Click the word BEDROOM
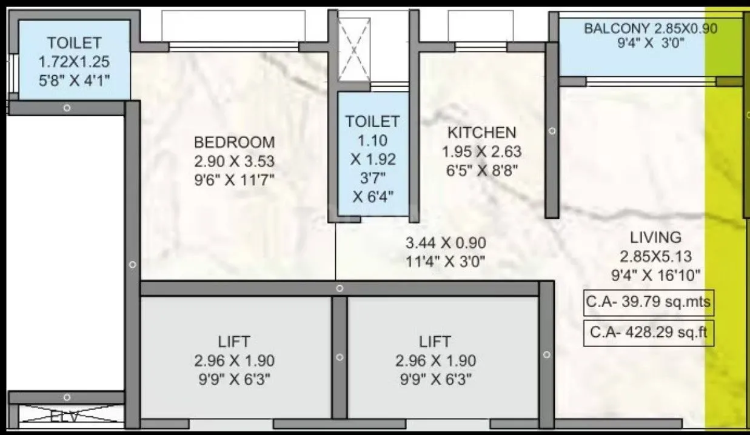(x=234, y=142)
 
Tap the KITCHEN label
(x=481, y=132)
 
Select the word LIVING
(x=655, y=237)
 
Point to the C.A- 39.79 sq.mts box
(x=648, y=302)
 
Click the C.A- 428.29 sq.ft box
(x=648, y=333)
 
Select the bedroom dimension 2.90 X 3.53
(x=234, y=161)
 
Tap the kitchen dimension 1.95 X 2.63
(x=481, y=151)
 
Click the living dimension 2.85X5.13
(x=655, y=256)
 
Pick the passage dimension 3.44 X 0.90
(x=446, y=244)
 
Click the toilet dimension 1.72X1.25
(x=74, y=61)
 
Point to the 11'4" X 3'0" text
(x=446, y=262)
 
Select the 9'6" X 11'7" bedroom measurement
(x=234, y=181)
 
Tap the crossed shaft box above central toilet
(x=353, y=49)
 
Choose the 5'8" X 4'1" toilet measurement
(x=74, y=80)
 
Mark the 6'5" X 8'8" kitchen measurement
(x=481, y=170)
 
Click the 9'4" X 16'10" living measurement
(x=655, y=275)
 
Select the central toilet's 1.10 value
(x=372, y=141)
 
